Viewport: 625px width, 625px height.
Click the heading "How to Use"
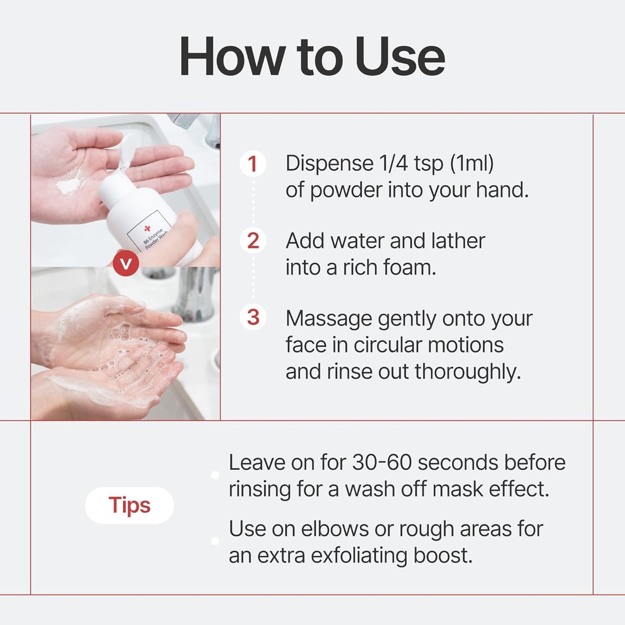coord(312,57)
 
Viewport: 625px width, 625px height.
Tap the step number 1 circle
coord(253,164)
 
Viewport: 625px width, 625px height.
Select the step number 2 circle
coord(253,241)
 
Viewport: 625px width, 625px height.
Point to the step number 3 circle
coord(253,317)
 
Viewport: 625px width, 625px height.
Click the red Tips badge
coord(129,505)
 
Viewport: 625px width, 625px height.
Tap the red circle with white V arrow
coord(126,263)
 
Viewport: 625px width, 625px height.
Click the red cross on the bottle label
coord(147,228)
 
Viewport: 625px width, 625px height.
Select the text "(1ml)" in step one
coord(471,163)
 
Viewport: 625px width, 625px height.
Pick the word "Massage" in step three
coord(329,319)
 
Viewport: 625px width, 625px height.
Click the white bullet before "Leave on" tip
coord(215,475)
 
